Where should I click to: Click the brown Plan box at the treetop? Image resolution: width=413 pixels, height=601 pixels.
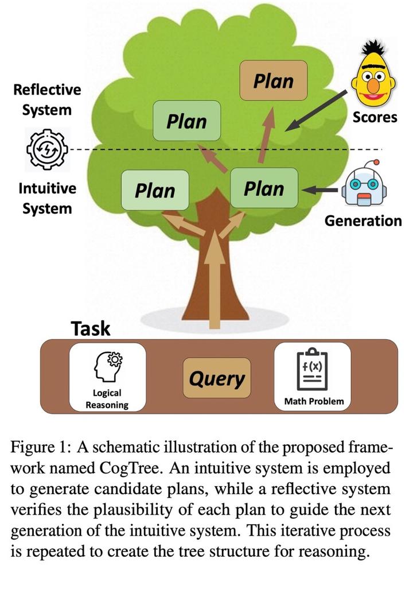[x=274, y=81]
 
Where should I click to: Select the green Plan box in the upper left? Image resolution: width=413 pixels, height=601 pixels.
[x=186, y=121]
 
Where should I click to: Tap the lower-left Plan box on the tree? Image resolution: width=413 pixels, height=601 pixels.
[x=155, y=190]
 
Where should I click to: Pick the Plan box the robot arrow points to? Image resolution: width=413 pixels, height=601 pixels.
[x=264, y=188]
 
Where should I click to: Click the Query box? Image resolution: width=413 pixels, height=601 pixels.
[x=217, y=379]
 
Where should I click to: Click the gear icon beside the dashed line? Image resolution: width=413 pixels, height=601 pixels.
[x=44, y=149]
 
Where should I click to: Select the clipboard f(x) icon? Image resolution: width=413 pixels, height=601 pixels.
[x=312, y=370]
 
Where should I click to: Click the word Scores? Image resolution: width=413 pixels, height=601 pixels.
[x=375, y=117]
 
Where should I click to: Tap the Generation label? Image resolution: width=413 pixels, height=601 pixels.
[x=363, y=221]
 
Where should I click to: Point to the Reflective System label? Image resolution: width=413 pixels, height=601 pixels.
[x=47, y=99]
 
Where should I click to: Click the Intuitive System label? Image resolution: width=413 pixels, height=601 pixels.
[x=47, y=197]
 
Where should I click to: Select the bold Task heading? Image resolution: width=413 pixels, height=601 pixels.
[x=90, y=328]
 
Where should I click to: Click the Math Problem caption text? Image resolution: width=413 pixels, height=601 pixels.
[x=314, y=401]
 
